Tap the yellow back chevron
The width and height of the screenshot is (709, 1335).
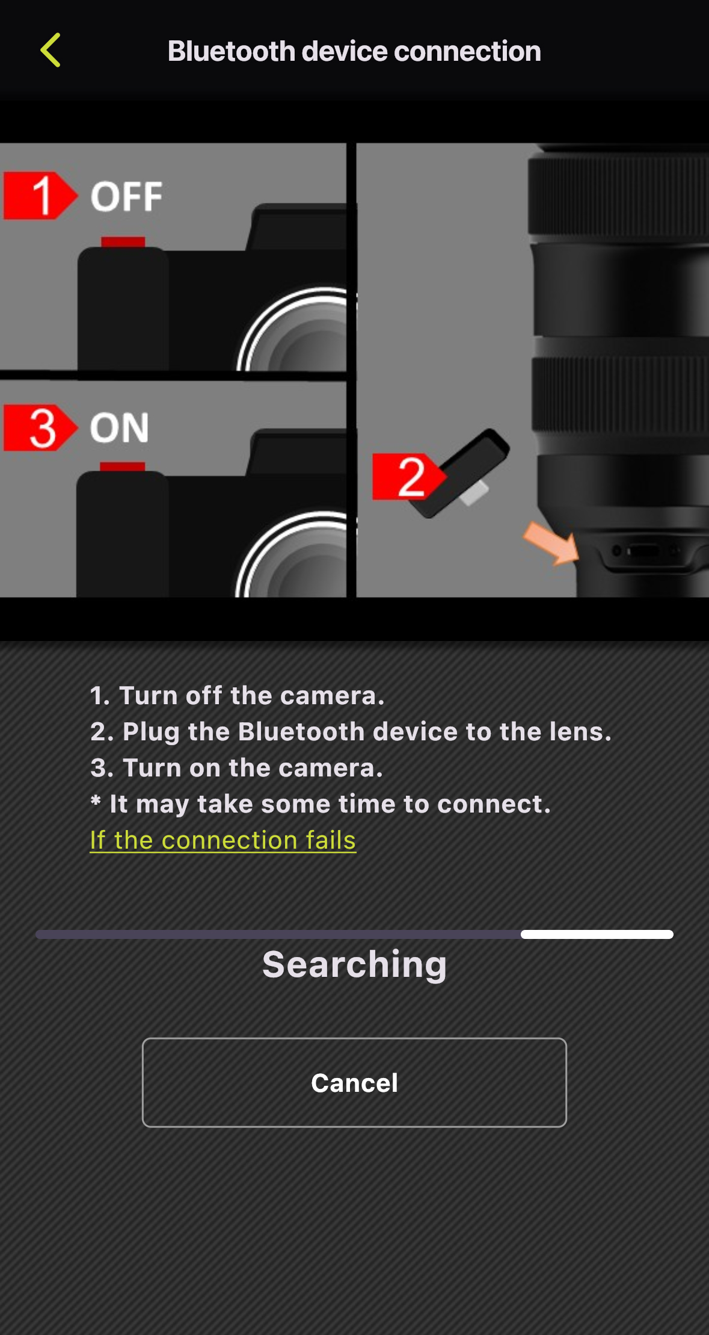(51, 50)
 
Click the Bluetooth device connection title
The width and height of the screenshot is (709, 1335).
(354, 51)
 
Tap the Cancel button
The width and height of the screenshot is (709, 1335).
(354, 1082)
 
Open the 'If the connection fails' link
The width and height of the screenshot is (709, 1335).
(223, 840)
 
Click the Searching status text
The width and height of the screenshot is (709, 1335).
(354, 964)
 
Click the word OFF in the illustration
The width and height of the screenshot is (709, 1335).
(126, 197)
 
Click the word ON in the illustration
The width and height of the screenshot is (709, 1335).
(119, 428)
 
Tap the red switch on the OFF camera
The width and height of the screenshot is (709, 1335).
(123, 242)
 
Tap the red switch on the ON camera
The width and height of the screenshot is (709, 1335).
(122, 466)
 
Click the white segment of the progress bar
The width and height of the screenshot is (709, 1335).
(597, 934)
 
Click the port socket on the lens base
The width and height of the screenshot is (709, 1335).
(644, 551)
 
